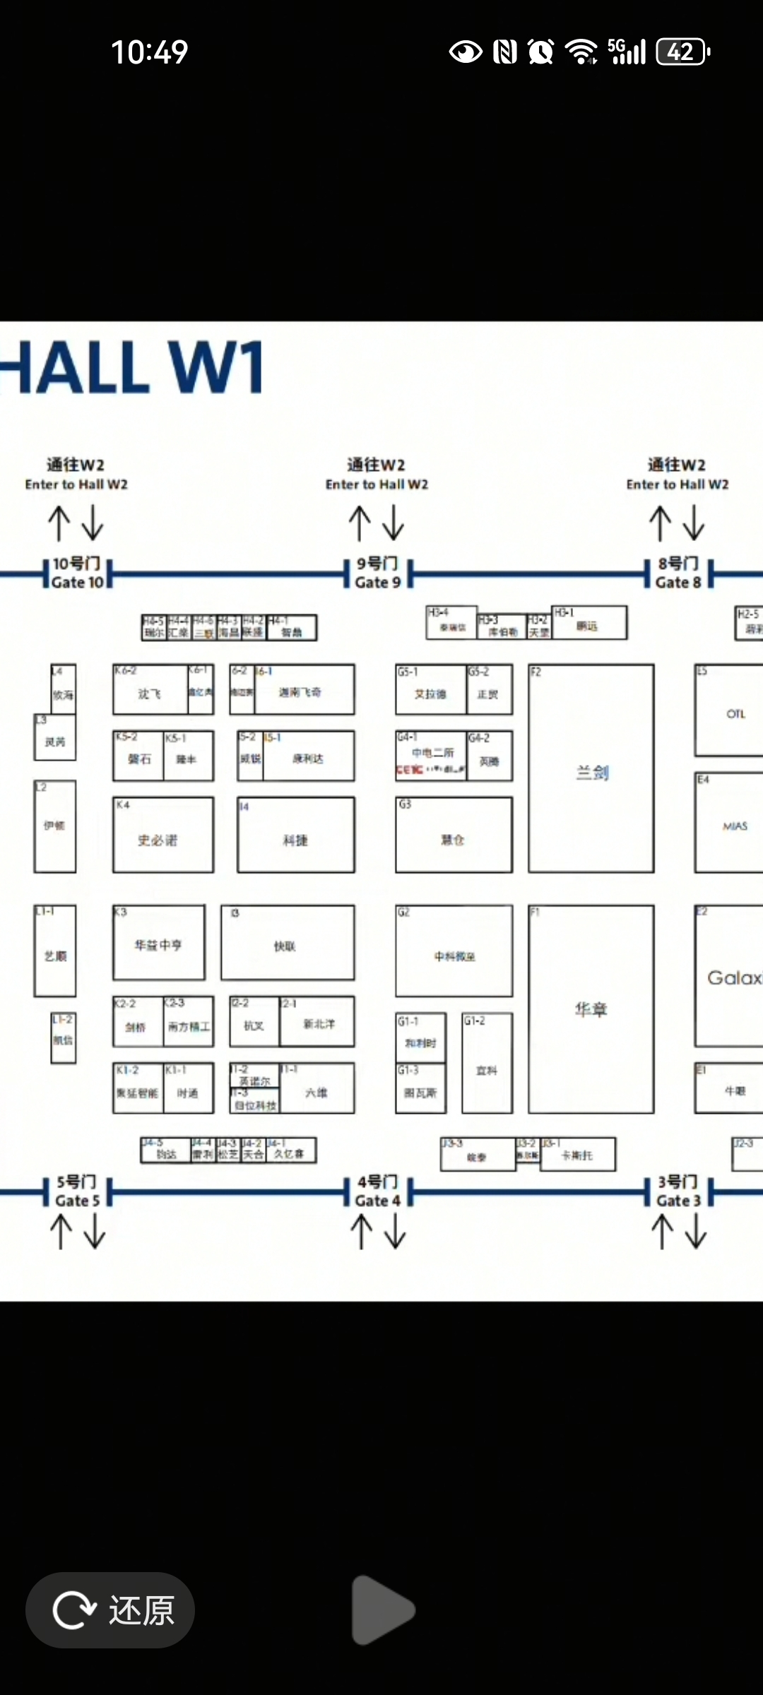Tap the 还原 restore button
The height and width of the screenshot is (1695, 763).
(x=110, y=1610)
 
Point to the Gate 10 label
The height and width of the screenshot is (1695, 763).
(x=77, y=573)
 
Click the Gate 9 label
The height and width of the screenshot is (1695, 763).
(x=377, y=573)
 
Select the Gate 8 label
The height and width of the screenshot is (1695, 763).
(x=678, y=573)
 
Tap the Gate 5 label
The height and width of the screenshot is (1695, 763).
(x=77, y=1191)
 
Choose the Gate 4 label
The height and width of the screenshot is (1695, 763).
(x=377, y=1191)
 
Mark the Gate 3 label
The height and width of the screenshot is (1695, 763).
(x=678, y=1191)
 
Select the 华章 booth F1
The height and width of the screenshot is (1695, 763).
(x=591, y=1009)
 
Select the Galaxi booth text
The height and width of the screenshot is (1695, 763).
(x=733, y=977)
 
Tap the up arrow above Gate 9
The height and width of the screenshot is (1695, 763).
(x=360, y=523)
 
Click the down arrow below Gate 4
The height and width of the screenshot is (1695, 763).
(x=395, y=1231)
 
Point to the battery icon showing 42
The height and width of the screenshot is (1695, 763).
(x=682, y=52)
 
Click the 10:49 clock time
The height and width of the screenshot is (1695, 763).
(x=150, y=52)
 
